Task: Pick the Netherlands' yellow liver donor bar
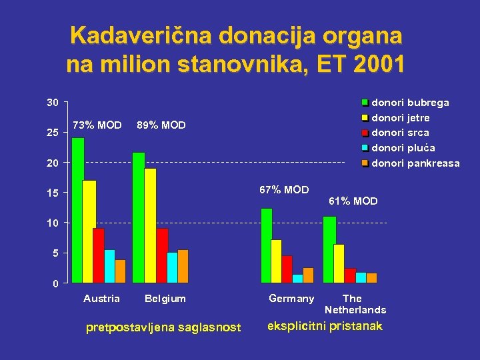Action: [339, 263]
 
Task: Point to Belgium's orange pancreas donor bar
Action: [183, 266]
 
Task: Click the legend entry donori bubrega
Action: [409, 103]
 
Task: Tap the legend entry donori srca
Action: [399, 133]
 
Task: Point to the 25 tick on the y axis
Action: [52, 133]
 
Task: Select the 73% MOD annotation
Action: [97, 125]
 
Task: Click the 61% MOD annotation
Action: [353, 201]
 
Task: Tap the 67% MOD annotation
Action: [284, 190]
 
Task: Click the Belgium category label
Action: [165, 299]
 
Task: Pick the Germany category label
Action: [291, 299]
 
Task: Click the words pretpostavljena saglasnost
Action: [164, 327]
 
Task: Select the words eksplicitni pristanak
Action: [325, 326]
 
